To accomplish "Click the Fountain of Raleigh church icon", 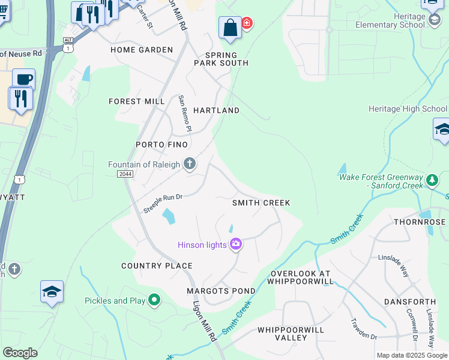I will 190,164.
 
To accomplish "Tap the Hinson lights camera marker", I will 236,244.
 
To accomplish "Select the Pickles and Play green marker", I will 155,300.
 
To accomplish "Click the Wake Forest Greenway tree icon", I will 432,180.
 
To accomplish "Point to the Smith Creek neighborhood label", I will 261,203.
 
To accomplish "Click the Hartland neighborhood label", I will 216,110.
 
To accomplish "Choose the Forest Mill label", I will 136,101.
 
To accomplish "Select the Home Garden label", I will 142,50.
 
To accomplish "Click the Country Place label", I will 157,265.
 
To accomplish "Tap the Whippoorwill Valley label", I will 291,334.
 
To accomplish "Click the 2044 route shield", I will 125,173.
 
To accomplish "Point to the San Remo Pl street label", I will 183,113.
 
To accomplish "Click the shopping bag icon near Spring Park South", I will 230,27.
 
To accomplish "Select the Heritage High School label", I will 407,109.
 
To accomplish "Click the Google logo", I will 20,353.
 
